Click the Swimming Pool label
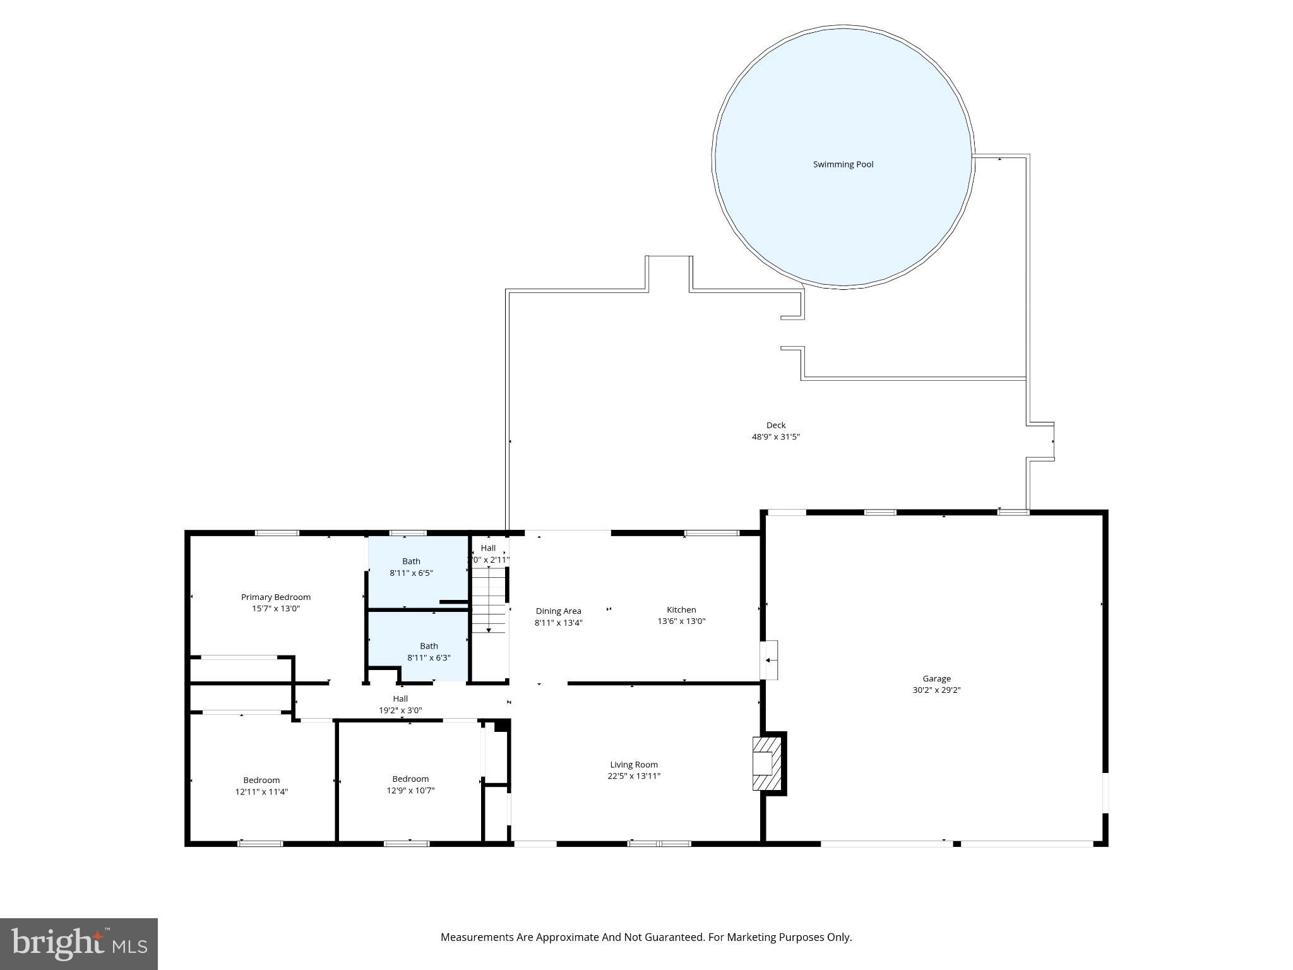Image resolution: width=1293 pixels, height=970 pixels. pos(843,164)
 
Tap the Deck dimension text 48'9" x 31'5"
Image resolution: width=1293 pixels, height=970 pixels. pos(775,436)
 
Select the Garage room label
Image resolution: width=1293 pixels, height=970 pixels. pos(936,678)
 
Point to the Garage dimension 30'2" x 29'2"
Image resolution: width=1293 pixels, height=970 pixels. pos(936,690)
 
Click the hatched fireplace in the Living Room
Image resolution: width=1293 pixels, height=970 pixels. pos(766,763)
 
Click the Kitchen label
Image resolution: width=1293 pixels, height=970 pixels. pos(681,609)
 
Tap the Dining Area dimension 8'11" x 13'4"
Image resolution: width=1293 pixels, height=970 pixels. pos(558,623)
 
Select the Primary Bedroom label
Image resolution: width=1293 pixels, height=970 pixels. pos(276,597)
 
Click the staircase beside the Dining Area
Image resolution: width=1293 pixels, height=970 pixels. pos(489,600)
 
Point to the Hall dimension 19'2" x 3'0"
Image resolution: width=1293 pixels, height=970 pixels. pos(400,710)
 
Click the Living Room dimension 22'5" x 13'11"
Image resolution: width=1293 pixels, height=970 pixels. pos(634,776)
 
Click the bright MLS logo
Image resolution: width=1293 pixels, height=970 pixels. pos(78,943)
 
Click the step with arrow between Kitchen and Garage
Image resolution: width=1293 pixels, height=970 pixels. pos(769,660)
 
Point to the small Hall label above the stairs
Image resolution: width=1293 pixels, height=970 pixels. pos(488,548)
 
